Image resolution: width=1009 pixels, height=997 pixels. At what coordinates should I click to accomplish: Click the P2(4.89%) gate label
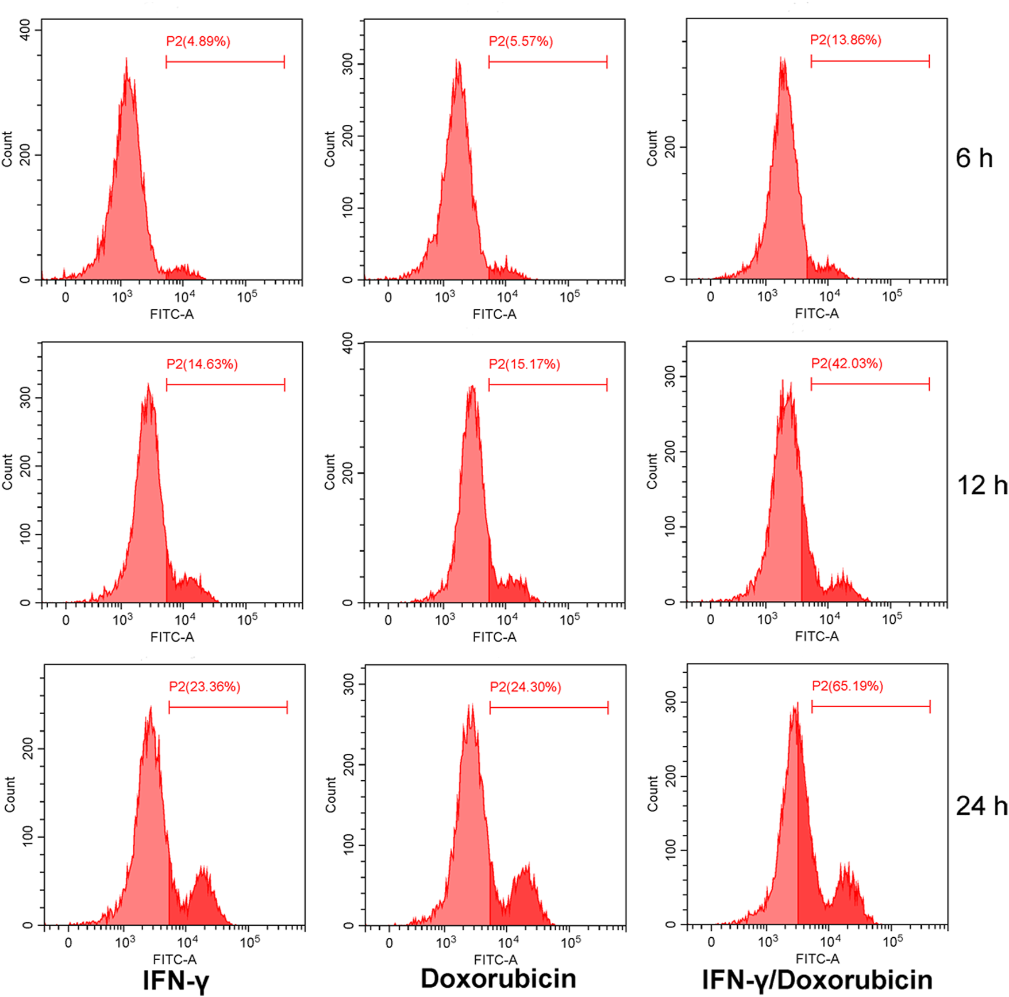click(198, 41)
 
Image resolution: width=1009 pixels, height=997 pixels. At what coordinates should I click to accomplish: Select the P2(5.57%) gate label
click(521, 41)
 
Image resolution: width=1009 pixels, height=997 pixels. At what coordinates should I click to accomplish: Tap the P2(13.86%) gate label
click(845, 40)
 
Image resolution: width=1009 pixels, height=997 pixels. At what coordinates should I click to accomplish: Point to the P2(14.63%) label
click(202, 364)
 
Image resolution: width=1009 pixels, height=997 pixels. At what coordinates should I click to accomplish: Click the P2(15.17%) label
click(524, 364)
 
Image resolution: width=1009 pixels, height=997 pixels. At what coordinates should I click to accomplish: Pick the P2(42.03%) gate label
click(846, 363)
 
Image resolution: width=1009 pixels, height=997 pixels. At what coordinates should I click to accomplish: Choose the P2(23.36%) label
click(204, 687)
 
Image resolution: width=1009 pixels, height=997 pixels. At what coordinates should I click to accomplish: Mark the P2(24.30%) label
click(525, 687)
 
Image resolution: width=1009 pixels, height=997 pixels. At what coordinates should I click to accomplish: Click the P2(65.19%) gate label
click(847, 686)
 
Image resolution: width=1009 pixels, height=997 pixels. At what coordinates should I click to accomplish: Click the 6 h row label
click(974, 158)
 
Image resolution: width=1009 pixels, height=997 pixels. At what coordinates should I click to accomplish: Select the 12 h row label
click(981, 485)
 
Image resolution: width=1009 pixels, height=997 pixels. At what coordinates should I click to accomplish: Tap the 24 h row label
click(981, 806)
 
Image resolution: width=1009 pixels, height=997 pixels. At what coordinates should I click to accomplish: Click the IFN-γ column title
click(176, 980)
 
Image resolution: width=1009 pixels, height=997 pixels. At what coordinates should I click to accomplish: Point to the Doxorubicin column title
click(498, 978)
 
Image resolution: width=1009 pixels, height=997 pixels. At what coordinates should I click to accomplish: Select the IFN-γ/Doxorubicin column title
click(817, 980)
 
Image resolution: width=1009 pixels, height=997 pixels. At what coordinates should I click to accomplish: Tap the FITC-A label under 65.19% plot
click(817, 958)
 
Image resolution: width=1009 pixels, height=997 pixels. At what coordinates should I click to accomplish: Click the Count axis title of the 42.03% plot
click(652, 471)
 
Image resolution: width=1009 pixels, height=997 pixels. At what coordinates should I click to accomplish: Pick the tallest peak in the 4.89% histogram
click(126, 60)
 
